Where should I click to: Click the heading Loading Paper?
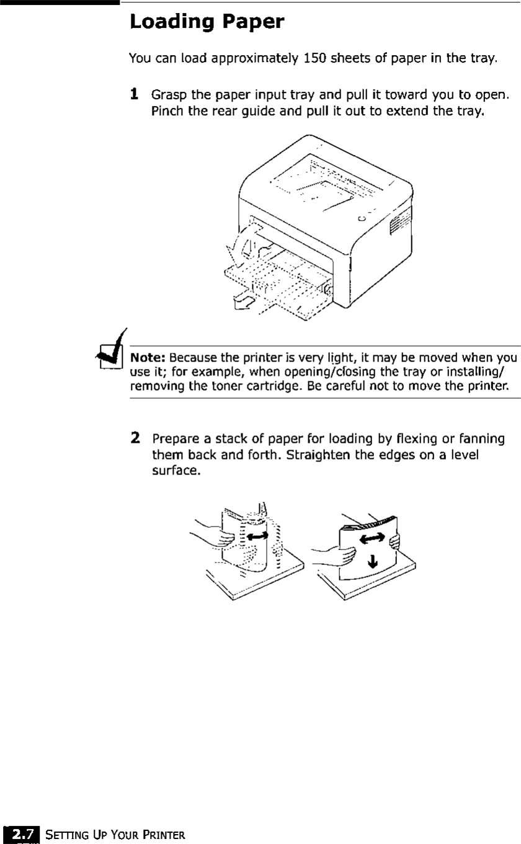coord(207,23)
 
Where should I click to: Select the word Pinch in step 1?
coord(167,112)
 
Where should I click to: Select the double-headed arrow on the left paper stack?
coord(256,535)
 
